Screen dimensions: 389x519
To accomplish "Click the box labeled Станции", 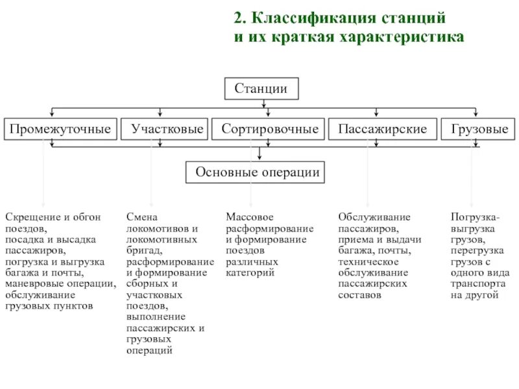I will (x=261, y=88).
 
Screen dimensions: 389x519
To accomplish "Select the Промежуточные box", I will (x=60, y=130).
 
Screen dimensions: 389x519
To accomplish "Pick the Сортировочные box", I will (x=270, y=130).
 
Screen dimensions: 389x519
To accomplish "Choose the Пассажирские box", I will (x=381, y=130).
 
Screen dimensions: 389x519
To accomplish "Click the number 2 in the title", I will (x=238, y=16).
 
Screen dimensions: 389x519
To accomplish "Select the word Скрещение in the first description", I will (x=29, y=217).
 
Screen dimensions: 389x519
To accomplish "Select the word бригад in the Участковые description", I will (x=143, y=250).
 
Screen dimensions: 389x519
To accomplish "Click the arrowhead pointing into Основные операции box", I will (x=259, y=158).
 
